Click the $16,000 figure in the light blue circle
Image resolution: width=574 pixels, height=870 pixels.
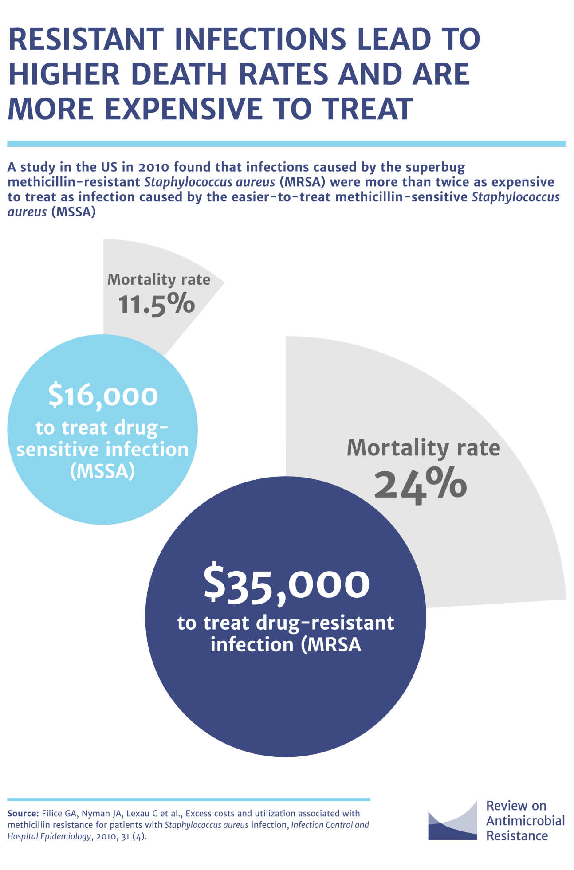click(x=103, y=396)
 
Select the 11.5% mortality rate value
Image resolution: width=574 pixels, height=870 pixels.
click(x=157, y=305)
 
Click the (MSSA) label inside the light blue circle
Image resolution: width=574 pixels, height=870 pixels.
click(x=102, y=471)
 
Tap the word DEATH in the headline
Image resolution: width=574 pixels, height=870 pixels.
click(x=179, y=74)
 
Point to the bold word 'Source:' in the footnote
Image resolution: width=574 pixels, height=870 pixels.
click(x=23, y=814)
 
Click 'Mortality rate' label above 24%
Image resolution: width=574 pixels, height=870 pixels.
click(x=423, y=448)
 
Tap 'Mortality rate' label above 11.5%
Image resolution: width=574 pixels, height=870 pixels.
click(x=159, y=279)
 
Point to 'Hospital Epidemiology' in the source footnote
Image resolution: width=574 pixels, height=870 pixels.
click(x=49, y=837)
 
